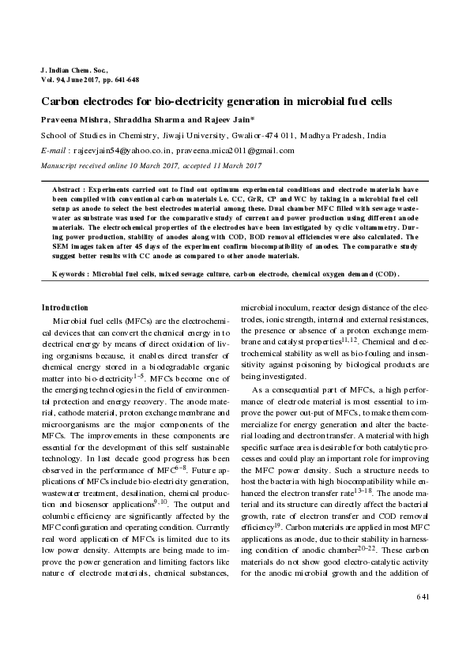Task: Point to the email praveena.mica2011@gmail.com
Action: tap(238, 150)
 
